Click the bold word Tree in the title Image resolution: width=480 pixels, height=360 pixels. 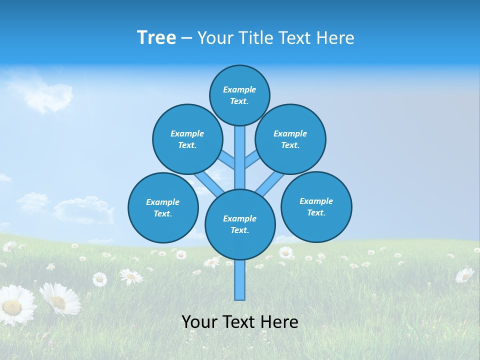[x=156, y=38]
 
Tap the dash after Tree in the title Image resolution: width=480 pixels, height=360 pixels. [x=186, y=38]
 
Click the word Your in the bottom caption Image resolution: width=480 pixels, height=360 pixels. [x=200, y=322]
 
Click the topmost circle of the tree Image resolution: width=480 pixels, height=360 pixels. [x=239, y=95]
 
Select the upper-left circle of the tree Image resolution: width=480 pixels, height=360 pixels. [x=187, y=139]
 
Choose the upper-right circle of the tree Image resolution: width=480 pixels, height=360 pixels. [x=290, y=139]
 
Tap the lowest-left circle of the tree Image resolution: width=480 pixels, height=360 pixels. [x=163, y=207]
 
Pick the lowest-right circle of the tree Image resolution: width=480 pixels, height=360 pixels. [x=316, y=206]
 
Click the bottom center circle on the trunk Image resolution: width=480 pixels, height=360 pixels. [x=240, y=224]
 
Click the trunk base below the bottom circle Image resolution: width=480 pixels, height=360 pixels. [x=240, y=280]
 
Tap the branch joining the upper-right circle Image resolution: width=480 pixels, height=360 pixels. [x=251, y=159]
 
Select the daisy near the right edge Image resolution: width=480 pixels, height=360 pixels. [x=464, y=275]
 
